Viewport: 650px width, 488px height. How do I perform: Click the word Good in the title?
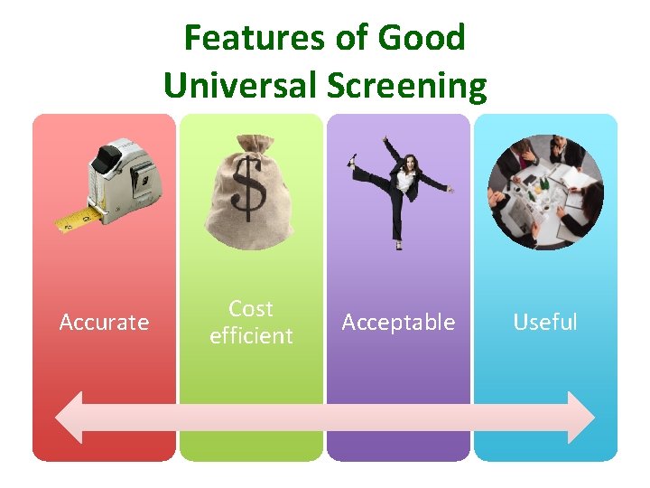[x=422, y=38]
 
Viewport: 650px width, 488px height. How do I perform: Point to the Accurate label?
[x=104, y=323]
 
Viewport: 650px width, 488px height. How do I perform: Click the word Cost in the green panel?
[x=251, y=309]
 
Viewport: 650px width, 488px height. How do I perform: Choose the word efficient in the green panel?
[x=251, y=336]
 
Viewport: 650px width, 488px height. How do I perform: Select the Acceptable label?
[x=398, y=323]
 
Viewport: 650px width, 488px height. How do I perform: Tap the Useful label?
[x=545, y=323]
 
